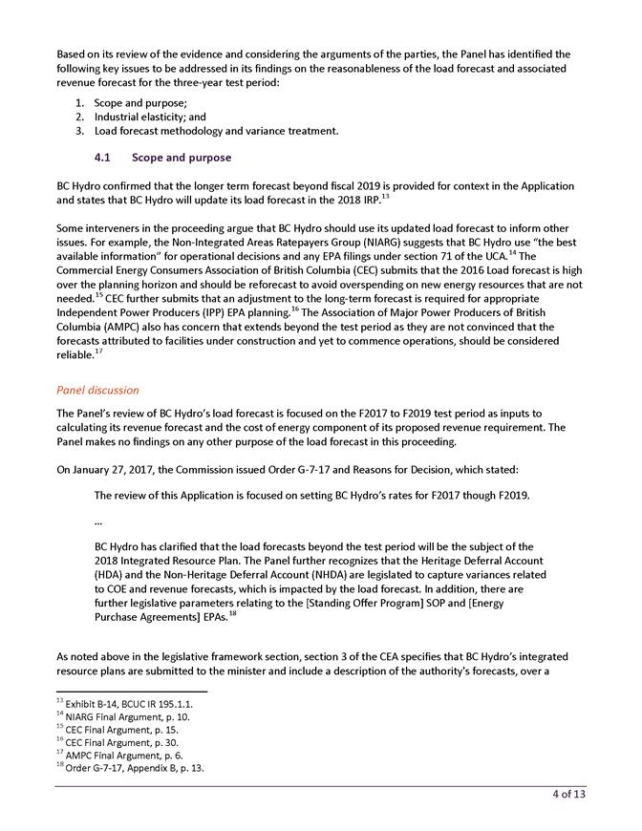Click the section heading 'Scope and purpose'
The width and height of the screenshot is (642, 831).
click(182, 157)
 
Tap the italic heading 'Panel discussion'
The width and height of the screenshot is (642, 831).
click(97, 390)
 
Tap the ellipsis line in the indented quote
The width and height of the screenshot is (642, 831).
click(98, 522)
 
